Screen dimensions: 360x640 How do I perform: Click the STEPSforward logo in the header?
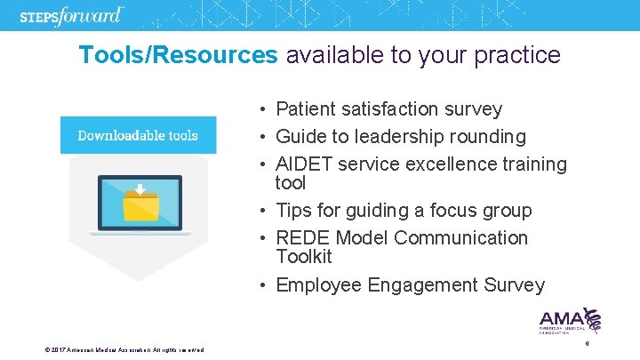84,15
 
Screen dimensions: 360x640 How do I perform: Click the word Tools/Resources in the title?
178,55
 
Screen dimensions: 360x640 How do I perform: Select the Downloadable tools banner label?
138,135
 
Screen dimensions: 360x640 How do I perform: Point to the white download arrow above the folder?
138,189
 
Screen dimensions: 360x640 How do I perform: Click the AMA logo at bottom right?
570,320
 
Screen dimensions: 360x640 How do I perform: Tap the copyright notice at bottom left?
124,349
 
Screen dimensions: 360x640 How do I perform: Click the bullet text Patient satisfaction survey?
388,109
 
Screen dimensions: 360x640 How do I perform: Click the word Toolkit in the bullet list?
303,257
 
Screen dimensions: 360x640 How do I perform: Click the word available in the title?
334,55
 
